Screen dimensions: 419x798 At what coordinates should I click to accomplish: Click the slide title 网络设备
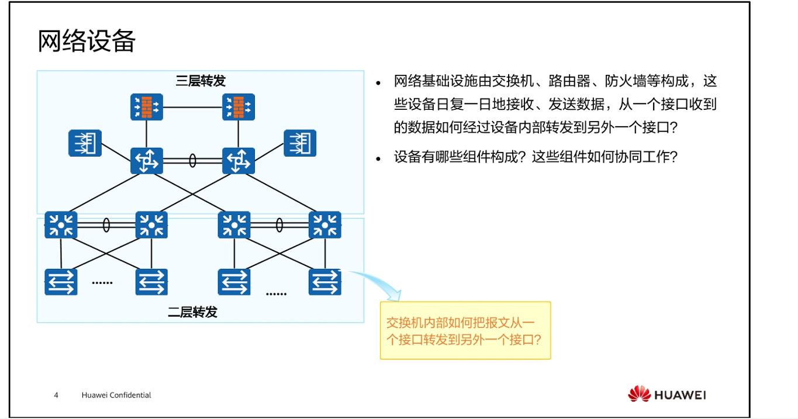(x=87, y=41)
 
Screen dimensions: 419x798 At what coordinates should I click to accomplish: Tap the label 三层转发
(x=201, y=81)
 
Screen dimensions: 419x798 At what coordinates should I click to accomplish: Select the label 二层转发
(x=193, y=312)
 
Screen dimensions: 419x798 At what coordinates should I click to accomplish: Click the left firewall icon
(x=146, y=107)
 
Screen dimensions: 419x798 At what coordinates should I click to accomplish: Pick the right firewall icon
(x=239, y=107)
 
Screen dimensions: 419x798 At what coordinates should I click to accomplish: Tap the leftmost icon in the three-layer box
(x=85, y=143)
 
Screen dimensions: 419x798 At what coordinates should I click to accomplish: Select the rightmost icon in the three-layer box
(x=300, y=143)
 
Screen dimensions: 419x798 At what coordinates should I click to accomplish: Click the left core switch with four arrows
(x=146, y=161)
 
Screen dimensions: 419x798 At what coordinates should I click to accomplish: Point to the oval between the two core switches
(x=192, y=161)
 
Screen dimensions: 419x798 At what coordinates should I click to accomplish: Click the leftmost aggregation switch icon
(x=61, y=225)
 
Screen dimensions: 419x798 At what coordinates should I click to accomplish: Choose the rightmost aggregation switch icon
(x=324, y=225)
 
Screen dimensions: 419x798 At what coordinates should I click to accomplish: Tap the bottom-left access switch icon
(x=61, y=282)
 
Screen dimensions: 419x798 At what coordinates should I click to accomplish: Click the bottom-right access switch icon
(x=324, y=282)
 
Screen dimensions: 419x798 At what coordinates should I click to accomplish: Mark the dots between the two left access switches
(x=102, y=283)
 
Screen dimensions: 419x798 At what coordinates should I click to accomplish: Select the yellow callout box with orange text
(x=465, y=330)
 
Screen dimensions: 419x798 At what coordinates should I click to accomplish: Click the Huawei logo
(x=667, y=394)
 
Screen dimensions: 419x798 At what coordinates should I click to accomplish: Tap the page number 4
(x=56, y=396)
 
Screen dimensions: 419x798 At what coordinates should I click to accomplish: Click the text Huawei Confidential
(x=116, y=396)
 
